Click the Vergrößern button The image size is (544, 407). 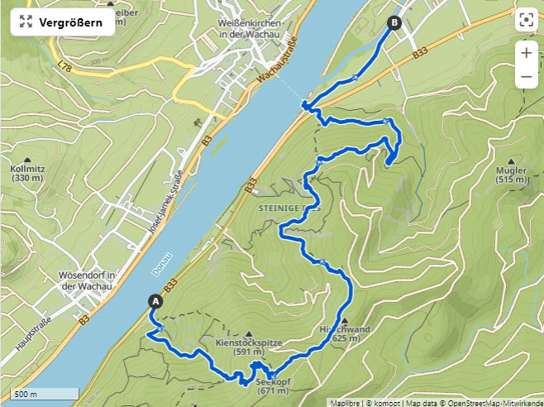[x=62, y=22]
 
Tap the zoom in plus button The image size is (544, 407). [x=526, y=52]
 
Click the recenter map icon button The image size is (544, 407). [x=526, y=21]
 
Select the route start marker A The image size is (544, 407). [x=155, y=301]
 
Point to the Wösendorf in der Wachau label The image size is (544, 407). [x=85, y=280]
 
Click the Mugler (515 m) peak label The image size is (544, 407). [x=511, y=174]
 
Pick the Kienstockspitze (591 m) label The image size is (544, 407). [x=249, y=346]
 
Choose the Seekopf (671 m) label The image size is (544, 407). [x=273, y=386]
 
